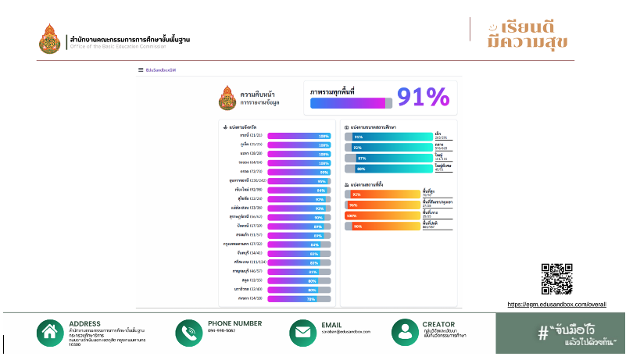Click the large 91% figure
423,97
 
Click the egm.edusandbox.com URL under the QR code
556,304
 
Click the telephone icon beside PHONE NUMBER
189,333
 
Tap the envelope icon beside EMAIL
302,333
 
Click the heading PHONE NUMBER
234,323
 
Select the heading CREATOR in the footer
438,323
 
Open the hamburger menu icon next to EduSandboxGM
141,70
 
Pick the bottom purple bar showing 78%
299,299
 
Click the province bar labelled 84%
299,244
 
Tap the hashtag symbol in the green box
542,333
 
